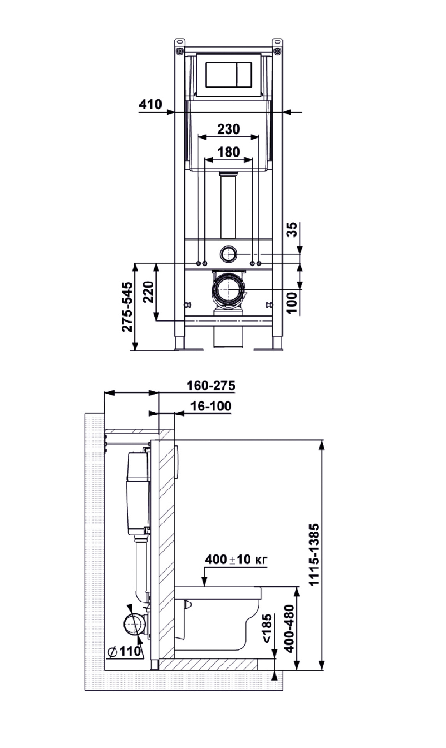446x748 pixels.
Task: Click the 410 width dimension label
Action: tap(150, 104)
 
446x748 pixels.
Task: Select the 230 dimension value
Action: tap(229, 129)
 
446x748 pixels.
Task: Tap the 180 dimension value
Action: tap(229, 152)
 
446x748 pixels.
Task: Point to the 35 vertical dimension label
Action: tap(293, 229)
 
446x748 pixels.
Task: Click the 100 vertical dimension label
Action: tap(293, 303)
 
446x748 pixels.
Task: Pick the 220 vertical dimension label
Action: tap(148, 292)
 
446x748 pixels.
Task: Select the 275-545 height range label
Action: tap(127, 307)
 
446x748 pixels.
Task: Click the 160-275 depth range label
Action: tap(211, 385)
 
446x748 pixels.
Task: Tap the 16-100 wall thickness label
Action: tap(211, 406)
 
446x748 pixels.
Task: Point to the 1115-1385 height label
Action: tap(314, 554)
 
